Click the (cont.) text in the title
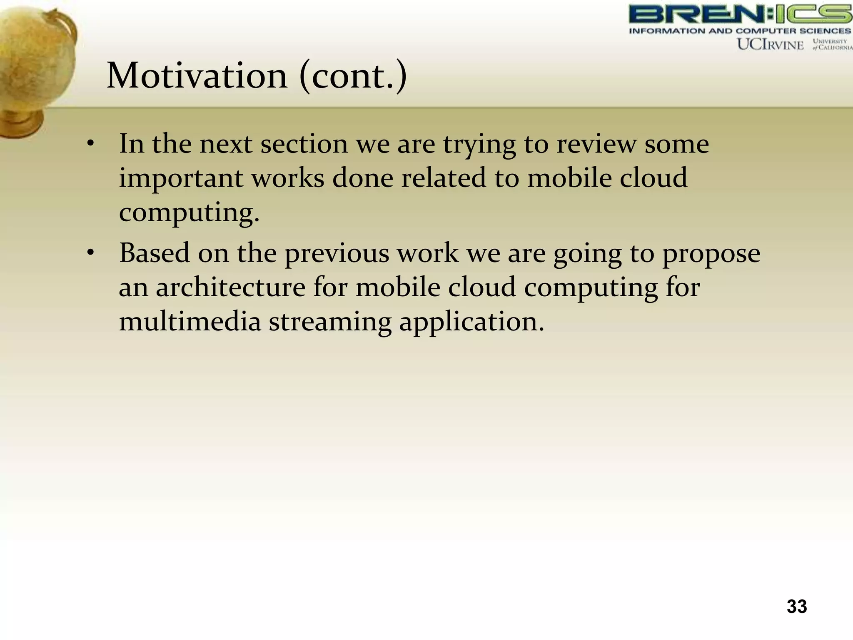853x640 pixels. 353,76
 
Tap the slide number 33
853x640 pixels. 796,606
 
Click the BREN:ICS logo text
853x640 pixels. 740,14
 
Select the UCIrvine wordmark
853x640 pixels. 770,44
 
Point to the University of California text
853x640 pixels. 831,44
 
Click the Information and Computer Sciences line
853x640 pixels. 740,31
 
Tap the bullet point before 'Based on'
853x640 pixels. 90,253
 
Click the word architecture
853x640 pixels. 230,287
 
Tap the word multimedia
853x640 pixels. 190,322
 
